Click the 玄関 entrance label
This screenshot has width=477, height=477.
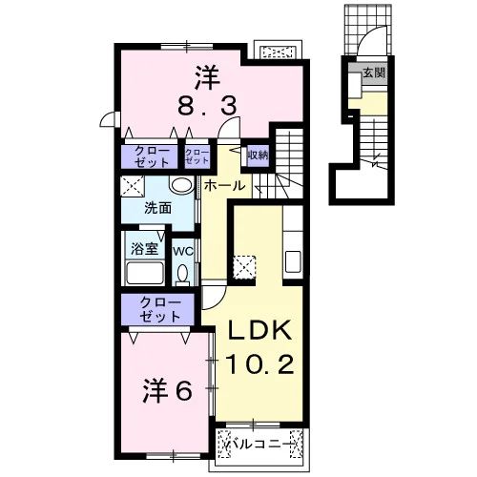click(x=374, y=73)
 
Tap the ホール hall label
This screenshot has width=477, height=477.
click(x=224, y=186)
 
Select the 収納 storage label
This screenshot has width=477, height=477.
click(x=259, y=156)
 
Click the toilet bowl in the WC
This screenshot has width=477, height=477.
click(x=182, y=274)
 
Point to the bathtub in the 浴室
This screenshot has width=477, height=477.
click(x=145, y=273)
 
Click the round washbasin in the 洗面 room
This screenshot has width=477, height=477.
click(x=181, y=185)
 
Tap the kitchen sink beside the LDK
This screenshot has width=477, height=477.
click(x=293, y=261)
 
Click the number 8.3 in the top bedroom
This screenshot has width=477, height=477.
click(x=207, y=106)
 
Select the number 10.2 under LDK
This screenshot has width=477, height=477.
click(x=259, y=364)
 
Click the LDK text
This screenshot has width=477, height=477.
click(x=259, y=331)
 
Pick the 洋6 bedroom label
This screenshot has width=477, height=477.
click(x=167, y=390)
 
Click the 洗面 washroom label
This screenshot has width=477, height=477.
click(x=158, y=208)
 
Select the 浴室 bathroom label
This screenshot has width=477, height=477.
click(x=145, y=248)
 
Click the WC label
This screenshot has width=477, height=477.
click(x=183, y=251)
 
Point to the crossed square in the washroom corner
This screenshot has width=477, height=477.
click(x=133, y=187)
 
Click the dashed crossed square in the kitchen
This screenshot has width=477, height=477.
click(x=244, y=267)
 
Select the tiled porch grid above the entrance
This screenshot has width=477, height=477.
click(x=367, y=30)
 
